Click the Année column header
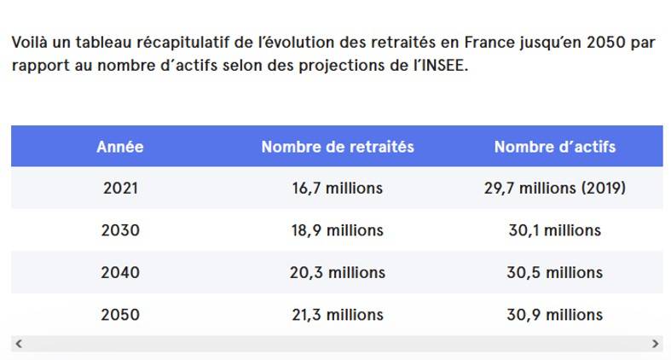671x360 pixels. click(x=120, y=147)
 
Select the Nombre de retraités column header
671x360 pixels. click(x=338, y=147)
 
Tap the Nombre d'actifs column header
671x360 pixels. click(x=554, y=147)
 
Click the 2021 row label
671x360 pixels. click(x=120, y=189)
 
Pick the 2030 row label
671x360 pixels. click(x=120, y=230)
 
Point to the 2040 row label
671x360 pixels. click(x=120, y=273)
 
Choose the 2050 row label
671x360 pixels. click(x=120, y=315)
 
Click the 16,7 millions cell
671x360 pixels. click(x=338, y=189)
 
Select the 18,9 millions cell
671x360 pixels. click(x=338, y=230)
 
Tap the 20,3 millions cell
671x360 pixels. click(x=338, y=273)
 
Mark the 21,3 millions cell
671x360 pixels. click(x=338, y=315)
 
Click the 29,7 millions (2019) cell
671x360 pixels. click(x=554, y=189)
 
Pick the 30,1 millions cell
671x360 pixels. click(x=554, y=230)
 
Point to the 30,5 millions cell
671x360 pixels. click(x=554, y=273)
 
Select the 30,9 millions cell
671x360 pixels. click(x=554, y=315)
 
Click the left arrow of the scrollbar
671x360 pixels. click(x=19, y=343)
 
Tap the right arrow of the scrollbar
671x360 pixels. click(x=655, y=343)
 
